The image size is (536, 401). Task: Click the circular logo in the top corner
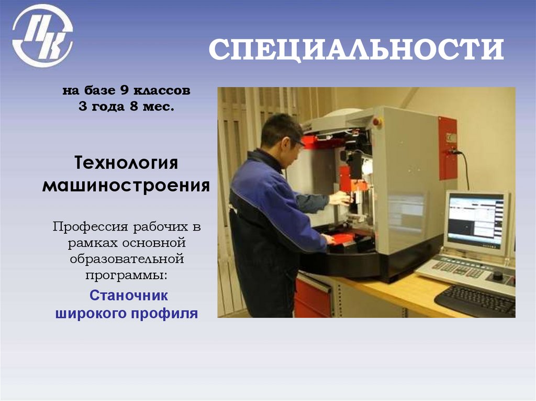click(x=42, y=36)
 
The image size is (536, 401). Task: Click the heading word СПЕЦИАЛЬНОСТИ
click(x=356, y=50)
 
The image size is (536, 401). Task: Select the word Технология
click(x=126, y=163)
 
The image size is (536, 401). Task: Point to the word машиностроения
click(x=126, y=185)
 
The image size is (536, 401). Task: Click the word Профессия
click(x=90, y=227)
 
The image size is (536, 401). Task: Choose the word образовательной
click(x=126, y=258)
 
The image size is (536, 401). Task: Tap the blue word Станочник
click(x=129, y=296)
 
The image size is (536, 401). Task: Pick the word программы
click(x=126, y=274)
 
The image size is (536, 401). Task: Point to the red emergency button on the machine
click(x=377, y=122)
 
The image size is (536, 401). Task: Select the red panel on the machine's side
click(x=448, y=148)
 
